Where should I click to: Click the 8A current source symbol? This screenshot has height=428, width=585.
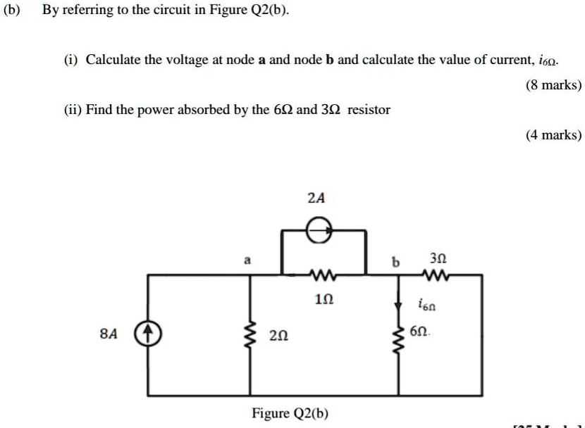coord(149,332)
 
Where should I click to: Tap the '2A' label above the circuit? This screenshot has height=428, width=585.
coord(316,199)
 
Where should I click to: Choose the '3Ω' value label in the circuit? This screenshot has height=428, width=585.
coord(436,258)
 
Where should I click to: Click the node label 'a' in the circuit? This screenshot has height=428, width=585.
coord(247,260)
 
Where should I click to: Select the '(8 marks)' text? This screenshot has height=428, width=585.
coord(554,85)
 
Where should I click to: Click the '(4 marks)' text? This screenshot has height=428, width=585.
coord(554,135)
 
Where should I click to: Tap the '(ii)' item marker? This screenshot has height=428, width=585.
coord(70,110)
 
